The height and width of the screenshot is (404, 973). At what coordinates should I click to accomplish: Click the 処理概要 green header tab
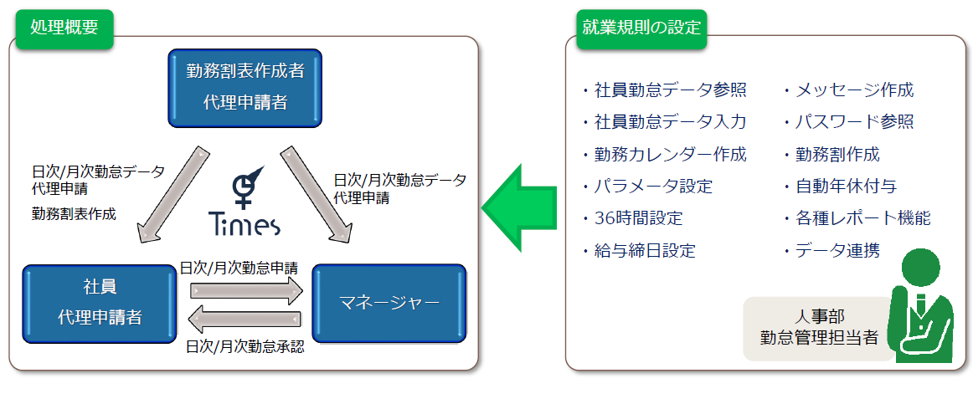pos(64,28)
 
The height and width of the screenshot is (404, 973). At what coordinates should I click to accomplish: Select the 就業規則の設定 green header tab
pos(641,28)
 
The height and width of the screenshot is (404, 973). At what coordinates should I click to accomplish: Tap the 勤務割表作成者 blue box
pos(245,88)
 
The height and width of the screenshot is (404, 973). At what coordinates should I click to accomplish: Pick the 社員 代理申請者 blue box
pos(100,304)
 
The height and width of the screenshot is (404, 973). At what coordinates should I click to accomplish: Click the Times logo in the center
pos(244,201)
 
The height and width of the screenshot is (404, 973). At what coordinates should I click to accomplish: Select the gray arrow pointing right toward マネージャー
pos(245,290)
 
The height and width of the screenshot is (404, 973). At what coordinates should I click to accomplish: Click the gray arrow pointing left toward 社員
pos(245,320)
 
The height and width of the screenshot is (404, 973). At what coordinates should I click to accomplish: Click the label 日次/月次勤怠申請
pos(239,268)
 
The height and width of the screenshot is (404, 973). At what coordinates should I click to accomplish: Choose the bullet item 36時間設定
pos(633,218)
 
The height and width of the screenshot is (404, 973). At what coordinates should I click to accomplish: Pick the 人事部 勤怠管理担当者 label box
pos(818,329)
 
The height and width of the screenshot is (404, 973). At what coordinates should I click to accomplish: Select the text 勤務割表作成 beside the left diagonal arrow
pos(74,214)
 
